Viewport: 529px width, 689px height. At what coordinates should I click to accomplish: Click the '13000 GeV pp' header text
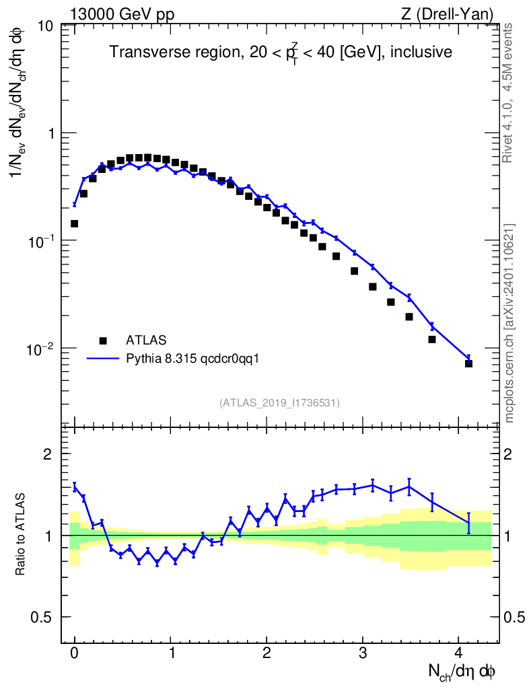121,14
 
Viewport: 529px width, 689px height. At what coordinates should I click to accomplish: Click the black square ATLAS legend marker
103,340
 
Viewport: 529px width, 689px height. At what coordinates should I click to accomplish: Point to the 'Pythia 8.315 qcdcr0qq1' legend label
192,359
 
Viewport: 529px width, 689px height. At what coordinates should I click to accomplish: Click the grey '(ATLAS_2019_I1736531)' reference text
279,402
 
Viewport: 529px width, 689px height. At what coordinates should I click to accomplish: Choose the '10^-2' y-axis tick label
42,349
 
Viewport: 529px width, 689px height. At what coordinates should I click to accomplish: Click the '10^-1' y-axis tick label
42,241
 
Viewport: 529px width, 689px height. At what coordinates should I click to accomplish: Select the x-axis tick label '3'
363,653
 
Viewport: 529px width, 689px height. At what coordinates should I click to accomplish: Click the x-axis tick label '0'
74,653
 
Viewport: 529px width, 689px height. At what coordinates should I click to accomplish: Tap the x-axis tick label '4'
459,653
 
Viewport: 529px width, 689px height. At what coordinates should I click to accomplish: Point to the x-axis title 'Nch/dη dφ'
462,671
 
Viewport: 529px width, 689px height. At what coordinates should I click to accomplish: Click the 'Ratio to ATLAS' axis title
22,536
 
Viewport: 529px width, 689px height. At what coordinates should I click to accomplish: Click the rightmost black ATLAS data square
468,363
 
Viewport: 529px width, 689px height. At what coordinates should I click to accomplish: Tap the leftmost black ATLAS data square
74,223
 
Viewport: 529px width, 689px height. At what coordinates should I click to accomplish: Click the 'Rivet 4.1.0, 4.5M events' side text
509,92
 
